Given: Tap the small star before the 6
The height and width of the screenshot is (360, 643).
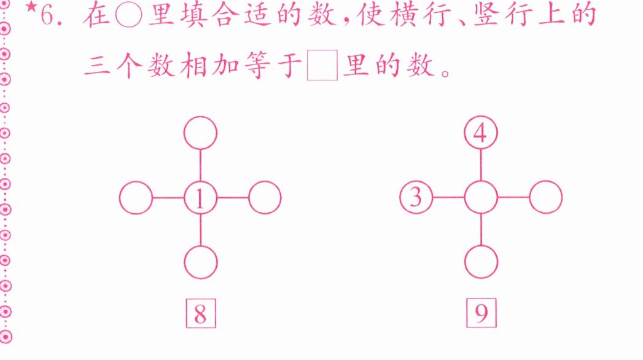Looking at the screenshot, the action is (31, 8).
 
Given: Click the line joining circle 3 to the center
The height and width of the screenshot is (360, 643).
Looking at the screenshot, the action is (448, 198).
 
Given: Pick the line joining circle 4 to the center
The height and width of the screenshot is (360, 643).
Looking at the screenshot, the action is (481, 165).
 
